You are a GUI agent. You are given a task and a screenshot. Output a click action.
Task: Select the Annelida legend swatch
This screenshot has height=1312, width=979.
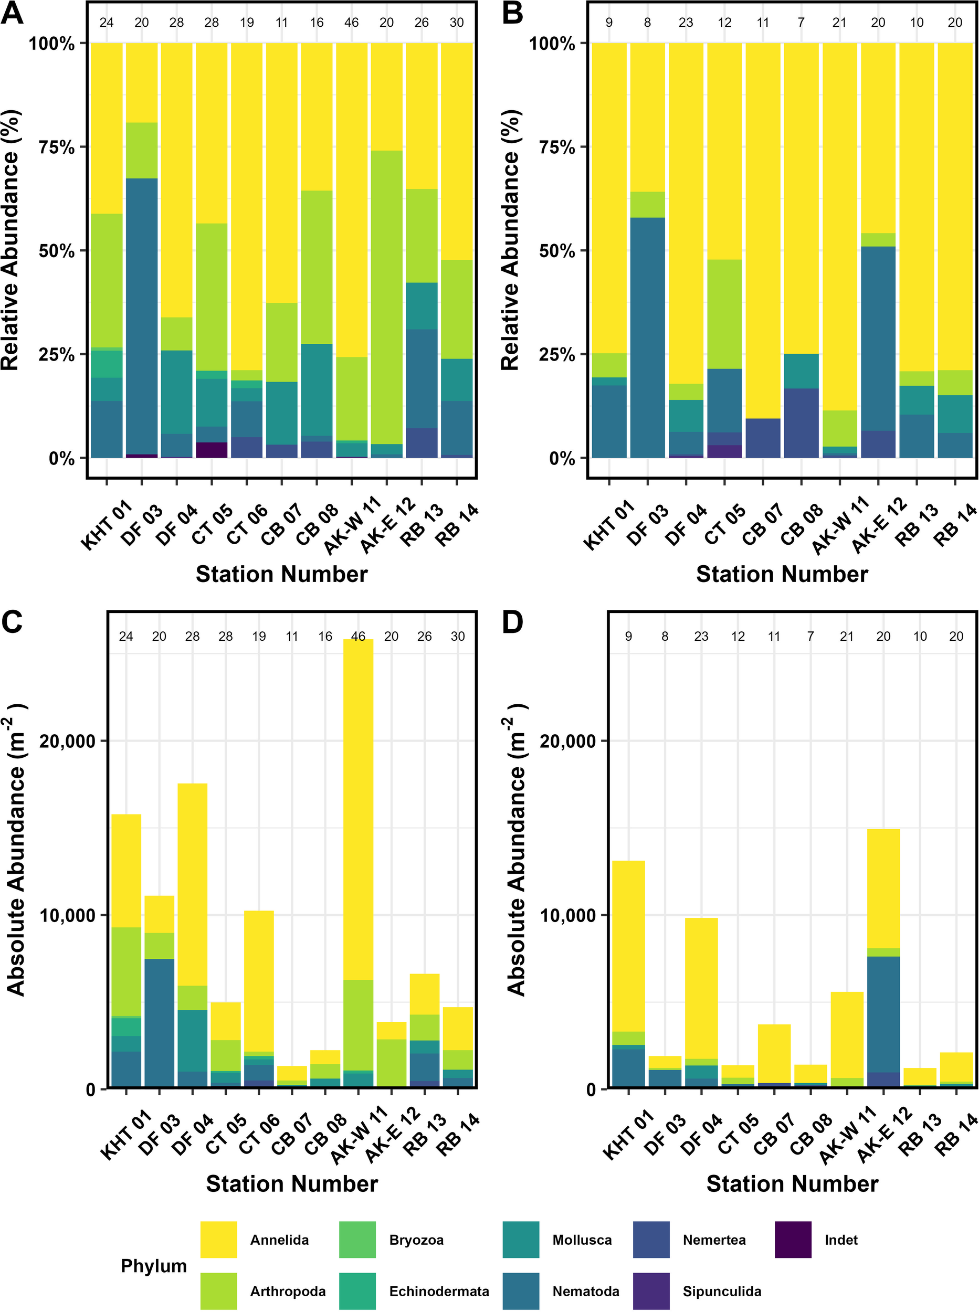click(x=218, y=1240)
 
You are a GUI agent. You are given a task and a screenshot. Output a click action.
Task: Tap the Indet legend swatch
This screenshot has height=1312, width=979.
click(x=793, y=1240)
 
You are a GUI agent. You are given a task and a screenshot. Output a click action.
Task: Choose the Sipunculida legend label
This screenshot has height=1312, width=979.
click(x=721, y=1291)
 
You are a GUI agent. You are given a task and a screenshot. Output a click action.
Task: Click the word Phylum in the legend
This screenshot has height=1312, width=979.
click(x=153, y=1266)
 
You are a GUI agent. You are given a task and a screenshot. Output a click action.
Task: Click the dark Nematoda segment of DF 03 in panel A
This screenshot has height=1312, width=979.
click(x=142, y=314)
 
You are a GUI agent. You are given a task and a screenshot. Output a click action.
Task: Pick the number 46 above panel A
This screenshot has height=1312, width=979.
click(x=351, y=23)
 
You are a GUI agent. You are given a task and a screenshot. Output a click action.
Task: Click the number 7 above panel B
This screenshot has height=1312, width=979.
click(x=801, y=23)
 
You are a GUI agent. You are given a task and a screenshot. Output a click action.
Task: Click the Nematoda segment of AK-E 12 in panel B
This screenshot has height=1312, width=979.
click(x=878, y=337)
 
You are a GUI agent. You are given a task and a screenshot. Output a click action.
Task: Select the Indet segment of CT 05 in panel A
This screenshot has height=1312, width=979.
click(x=212, y=450)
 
